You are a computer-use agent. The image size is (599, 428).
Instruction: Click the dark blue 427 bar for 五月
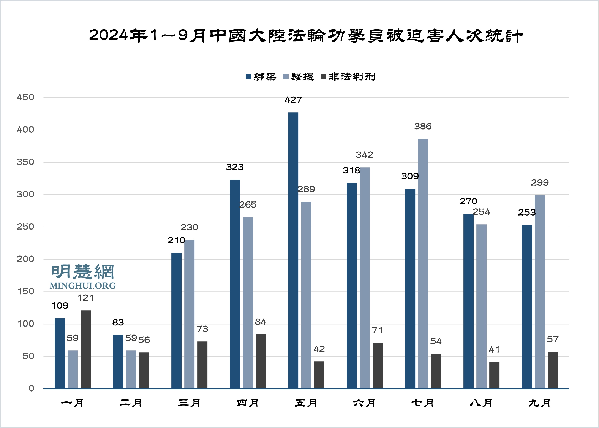point(293,250)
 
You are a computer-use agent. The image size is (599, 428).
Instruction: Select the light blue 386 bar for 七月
point(423,263)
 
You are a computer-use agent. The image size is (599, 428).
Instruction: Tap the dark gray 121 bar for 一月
point(86,349)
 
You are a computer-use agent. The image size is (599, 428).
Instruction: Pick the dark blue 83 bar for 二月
point(118,361)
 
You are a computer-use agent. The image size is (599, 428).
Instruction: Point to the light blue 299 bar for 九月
point(540,292)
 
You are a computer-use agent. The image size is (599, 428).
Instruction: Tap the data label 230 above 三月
point(189,227)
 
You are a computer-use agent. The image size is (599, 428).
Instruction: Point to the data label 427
point(293,100)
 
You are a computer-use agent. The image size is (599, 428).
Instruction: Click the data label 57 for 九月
point(552,339)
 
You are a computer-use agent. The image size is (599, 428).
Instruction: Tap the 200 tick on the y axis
point(25,259)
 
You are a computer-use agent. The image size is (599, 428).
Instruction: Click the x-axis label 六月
point(364,403)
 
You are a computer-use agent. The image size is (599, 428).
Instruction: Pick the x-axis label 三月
point(189,403)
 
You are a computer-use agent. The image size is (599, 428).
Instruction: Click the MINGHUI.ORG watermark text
point(82,286)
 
